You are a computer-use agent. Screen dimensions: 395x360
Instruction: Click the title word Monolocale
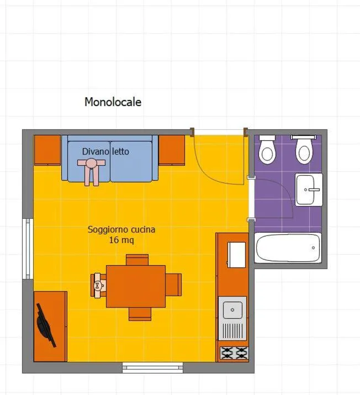coord(113,102)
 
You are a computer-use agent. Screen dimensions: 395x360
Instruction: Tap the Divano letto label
coord(105,151)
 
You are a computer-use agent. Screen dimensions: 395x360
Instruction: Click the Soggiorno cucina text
coord(121,229)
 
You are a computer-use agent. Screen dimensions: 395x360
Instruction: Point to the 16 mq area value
coord(121,240)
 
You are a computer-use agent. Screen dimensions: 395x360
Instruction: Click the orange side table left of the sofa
coord(47,150)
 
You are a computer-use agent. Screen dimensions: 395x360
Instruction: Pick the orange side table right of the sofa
coord(172,150)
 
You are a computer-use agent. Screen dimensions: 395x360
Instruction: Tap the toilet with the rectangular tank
coord(304,149)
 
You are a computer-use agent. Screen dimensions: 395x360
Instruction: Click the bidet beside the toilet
coord(267,149)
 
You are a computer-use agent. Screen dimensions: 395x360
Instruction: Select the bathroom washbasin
coord(309,189)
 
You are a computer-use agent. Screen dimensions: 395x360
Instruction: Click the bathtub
coord(288,248)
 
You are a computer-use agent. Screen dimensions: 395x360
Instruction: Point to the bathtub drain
coord(314,248)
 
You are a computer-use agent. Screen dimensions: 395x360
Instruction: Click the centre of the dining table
coord(136,286)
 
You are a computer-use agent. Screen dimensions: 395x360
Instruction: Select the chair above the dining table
coord(137,259)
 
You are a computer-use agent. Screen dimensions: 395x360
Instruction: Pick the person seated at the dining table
coord(99,286)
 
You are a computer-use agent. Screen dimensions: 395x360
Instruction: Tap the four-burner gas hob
coord(233,352)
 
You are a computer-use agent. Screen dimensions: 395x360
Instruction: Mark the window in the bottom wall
coord(152,367)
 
